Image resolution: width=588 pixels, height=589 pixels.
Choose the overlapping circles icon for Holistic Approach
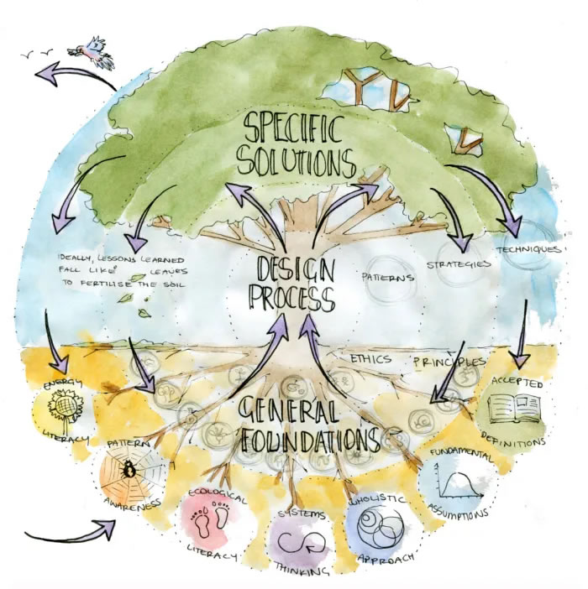tap(375, 529)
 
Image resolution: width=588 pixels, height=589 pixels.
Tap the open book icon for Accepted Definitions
tap(515, 410)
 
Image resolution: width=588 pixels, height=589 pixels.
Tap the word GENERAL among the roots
tap(300, 410)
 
